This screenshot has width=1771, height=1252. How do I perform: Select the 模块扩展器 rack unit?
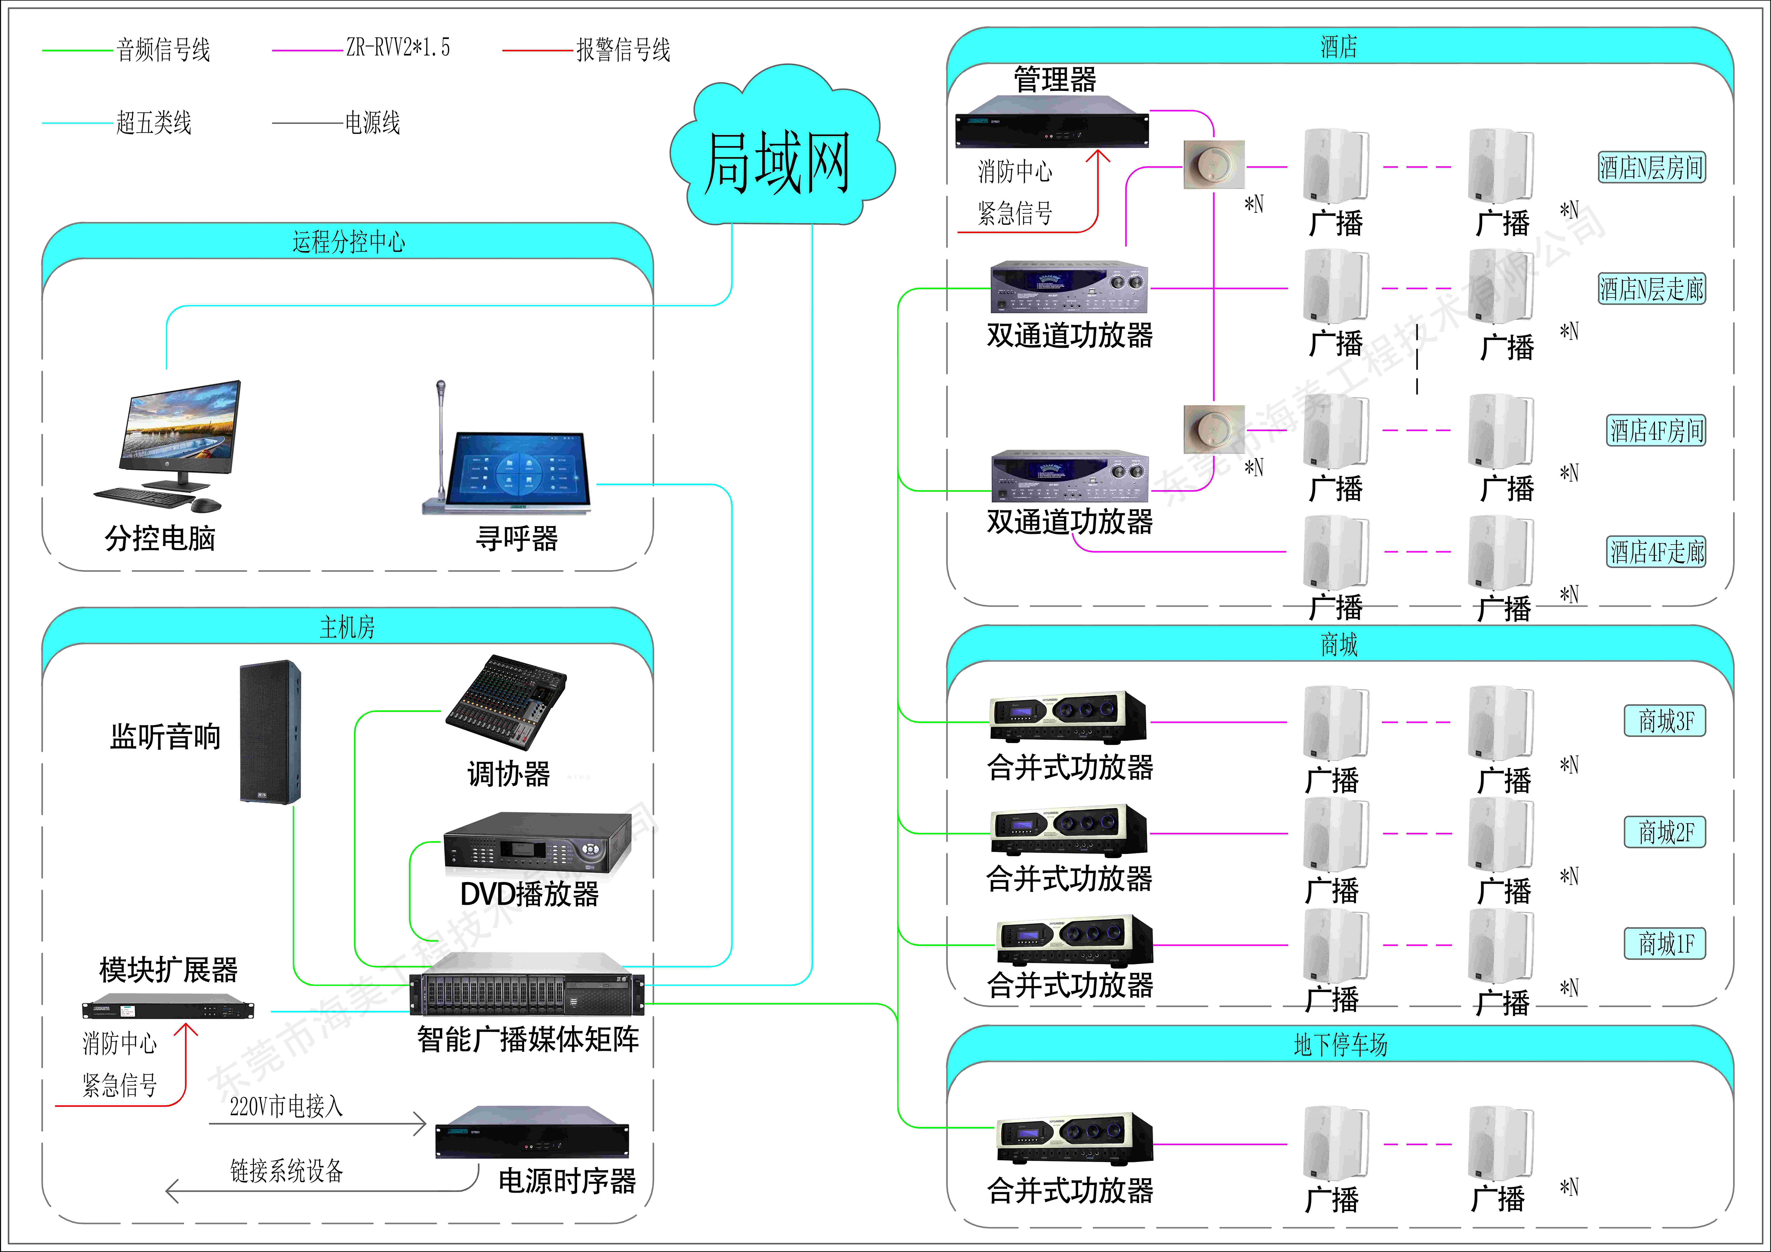(x=168, y=1007)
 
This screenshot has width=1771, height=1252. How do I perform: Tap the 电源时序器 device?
(x=532, y=1134)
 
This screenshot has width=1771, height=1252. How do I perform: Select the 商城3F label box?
(x=1665, y=721)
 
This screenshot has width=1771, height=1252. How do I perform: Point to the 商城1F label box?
(x=1665, y=944)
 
